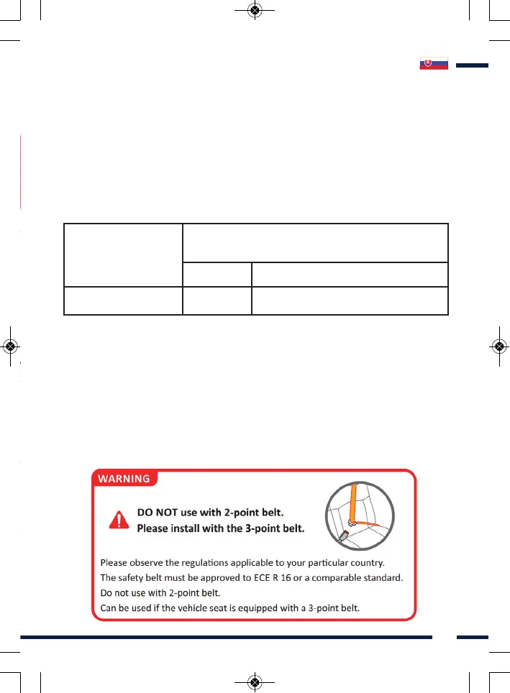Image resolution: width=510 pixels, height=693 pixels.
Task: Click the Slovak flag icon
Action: tap(434, 64)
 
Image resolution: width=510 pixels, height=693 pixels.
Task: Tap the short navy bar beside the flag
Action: tap(472, 65)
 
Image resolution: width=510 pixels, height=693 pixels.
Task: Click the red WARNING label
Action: tap(124, 478)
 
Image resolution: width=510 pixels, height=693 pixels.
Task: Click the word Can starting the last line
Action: tap(109, 609)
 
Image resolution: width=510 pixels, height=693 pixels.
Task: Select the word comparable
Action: tap(334, 577)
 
